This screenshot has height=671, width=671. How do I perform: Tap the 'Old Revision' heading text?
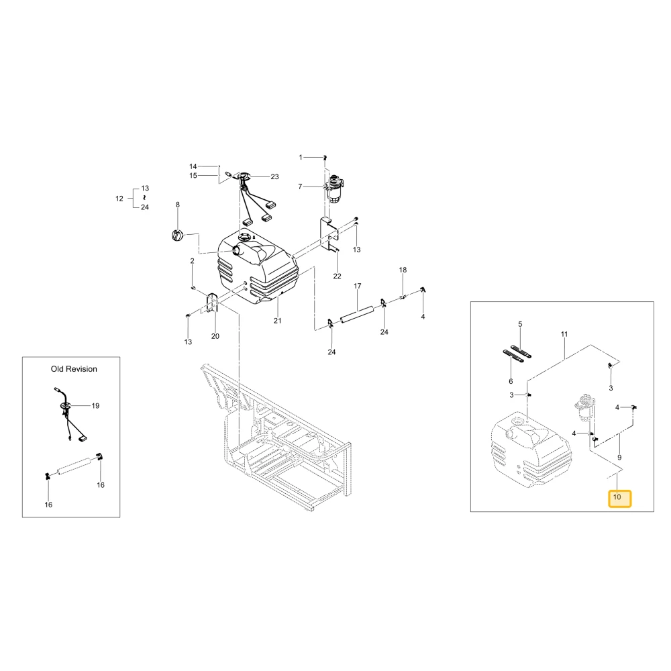point(74,369)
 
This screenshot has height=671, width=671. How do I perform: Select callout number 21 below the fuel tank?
point(278,321)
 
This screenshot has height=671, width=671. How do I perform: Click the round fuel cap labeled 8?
point(176,235)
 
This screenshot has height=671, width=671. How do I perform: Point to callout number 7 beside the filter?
point(300,187)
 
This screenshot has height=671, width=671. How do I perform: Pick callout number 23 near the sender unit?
point(274,176)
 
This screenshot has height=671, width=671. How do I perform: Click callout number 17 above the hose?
point(358,286)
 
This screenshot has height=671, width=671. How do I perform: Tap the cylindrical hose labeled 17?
point(357,314)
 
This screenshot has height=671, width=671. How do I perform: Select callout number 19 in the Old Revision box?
point(95,406)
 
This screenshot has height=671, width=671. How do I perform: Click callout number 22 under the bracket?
point(338,276)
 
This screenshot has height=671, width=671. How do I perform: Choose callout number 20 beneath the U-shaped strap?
point(215,336)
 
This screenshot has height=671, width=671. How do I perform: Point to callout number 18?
point(403,270)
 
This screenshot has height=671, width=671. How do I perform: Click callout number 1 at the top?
point(301,158)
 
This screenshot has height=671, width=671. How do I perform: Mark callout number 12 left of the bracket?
point(119,199)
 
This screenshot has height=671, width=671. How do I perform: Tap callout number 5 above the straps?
point(521,324)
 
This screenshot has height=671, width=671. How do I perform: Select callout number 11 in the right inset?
point(564,334)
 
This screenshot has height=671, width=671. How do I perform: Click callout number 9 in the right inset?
point(619,458)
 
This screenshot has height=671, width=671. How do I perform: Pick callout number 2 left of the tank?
point(192,261)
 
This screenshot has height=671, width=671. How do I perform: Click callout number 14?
point(193,166)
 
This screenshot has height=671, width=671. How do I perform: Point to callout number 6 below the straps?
point(511,381)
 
